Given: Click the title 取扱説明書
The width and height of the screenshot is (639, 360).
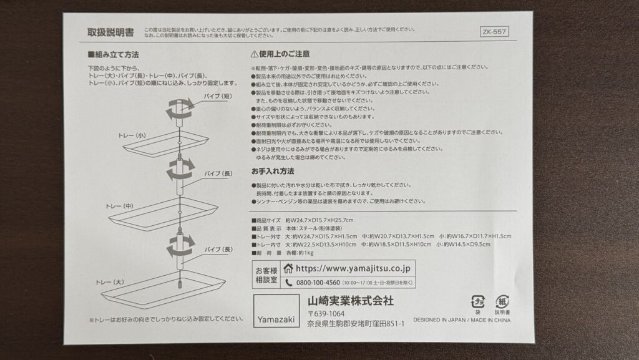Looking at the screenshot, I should tap(111, 32).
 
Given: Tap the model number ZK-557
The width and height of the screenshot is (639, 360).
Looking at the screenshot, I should tap(495, 31).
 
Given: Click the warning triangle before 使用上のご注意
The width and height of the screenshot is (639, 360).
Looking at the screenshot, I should tap(255, 55).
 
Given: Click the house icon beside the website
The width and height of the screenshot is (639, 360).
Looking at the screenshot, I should tap(288, 268).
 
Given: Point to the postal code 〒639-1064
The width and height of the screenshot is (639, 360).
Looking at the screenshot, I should tap(326, 313).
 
